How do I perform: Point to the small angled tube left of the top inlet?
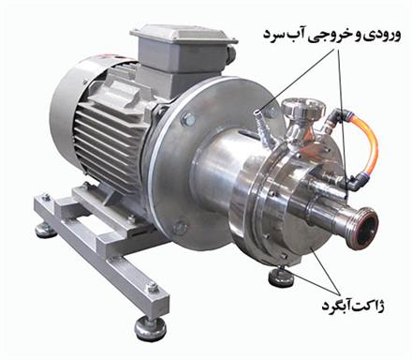(259, 122)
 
